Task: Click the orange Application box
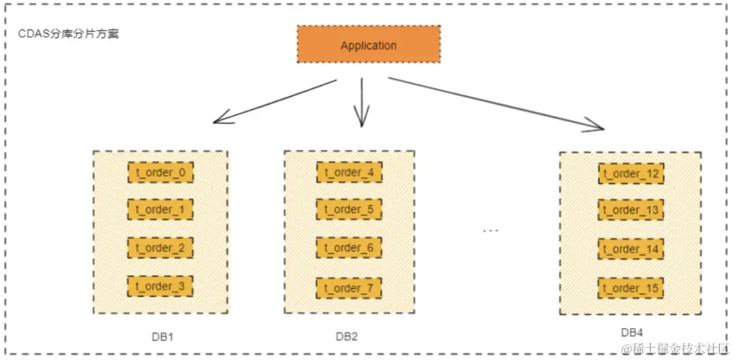pyautogui.click(x=368, y=46)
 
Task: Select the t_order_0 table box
pyautogui.click(x=160, y=173)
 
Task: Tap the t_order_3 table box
pyautogui.click(x=160, y=286)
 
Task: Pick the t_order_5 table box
pyautogui.click(x=349, y=209)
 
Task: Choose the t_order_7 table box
pyautogui.click(x=349, y=288)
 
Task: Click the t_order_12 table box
pyautogui.click(x=631, y=174)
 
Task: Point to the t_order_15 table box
pyautogui.click(x=631, y=289)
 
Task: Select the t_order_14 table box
pyautogui.click(x=631, y=249)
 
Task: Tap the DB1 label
pyautogui.click(x=164, y=336)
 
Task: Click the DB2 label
pyautogui.click(x=347, y=336)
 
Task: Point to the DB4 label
pyautogui.click(x=633, y=332)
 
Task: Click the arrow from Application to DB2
pyautogui.click(x=362, y=102)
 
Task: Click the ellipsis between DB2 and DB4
pyautogui.click(x=491, y=231)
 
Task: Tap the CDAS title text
pyautogui.click(x=68, y=33)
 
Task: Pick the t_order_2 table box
pyautogui.click(x=160, y=248)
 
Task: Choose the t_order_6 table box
pyautogui.click(x=349, y=248)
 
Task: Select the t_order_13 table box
pyautogui.click(x=631, y=211)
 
